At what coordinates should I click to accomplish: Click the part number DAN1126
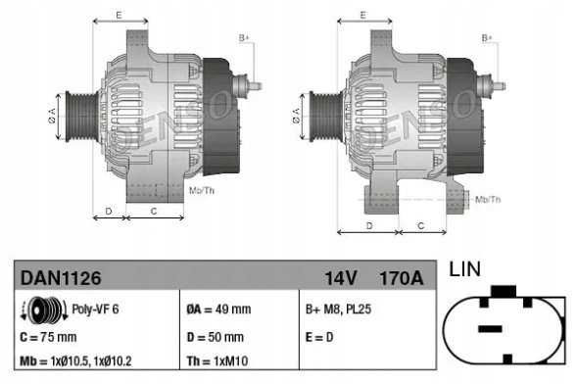pyautogui.click(x=61, y=279)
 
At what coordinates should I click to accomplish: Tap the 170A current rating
pyautogui.click(x=401, y=279)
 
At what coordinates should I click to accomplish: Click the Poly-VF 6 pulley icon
pyautogui.click(x=42, y=310)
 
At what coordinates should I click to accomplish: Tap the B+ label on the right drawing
pyautogui.click(x=487, y=37)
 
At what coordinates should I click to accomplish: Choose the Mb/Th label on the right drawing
pyautogui.click(x=487, y=199)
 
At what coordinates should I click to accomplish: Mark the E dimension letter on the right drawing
pyautogui.click(x=362, y=15)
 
